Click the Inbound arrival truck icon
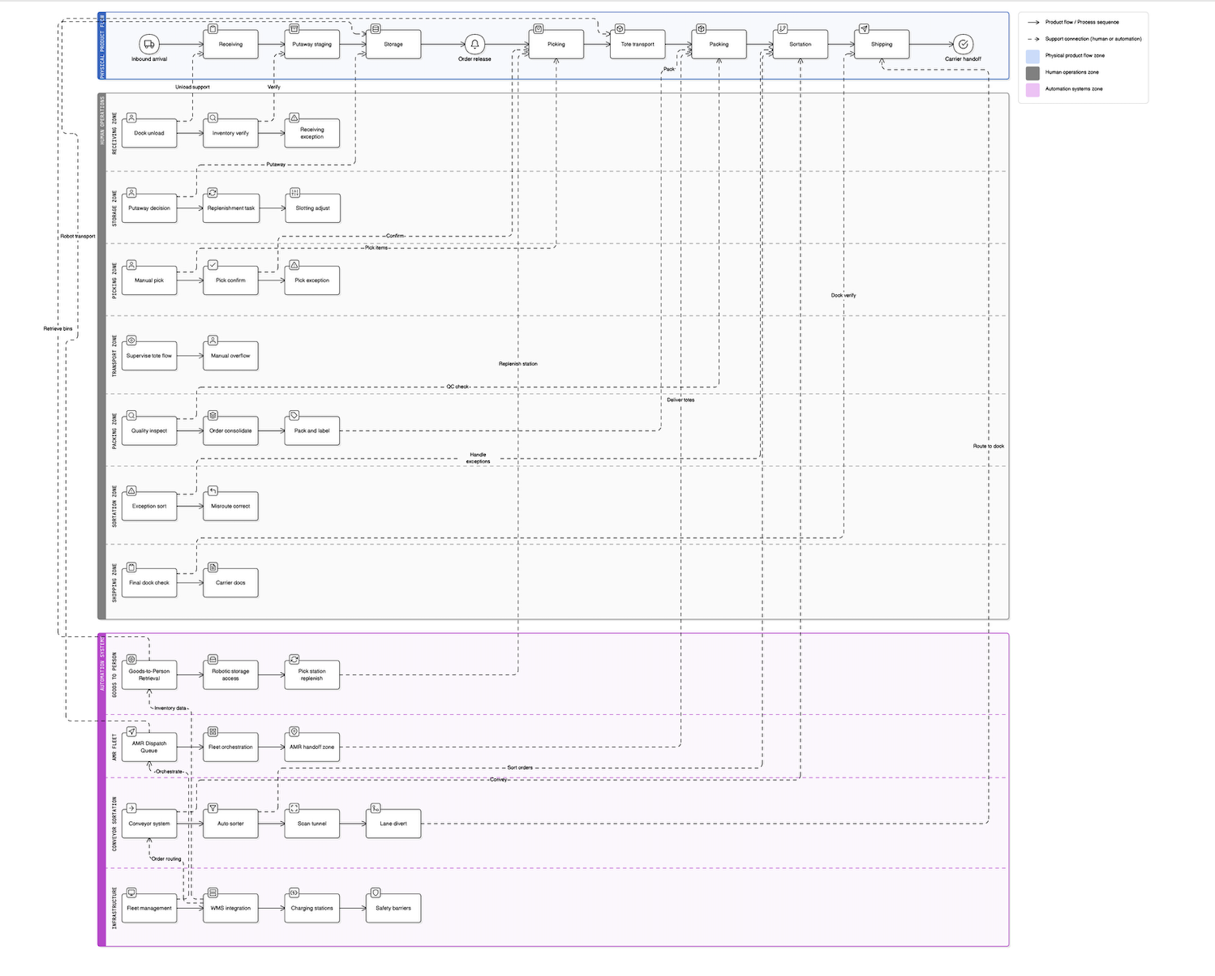pyautogui.click(x=148, y=44)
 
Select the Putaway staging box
pyautogui.click(x=311, y=45)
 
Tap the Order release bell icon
pyautogui.click(x=474, y=44)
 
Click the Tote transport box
pyautogui.click(x=638, y=45)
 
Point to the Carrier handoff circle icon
pyautogui.click(x=963, y=44)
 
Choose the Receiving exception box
pyautogui.click(x=311, y=133)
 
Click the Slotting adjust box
pyautogui.click(x=312, y=208)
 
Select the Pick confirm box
pyautogui.click(x=230, y=280)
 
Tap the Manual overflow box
pyautogui.click(x=230, y=356)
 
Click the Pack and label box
pyautogui.click(x=311, y=431)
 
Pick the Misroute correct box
pyautogui.click(x=230, y=507)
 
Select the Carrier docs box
pyautogui.click(x=230, y=583)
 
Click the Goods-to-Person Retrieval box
pyautogui.click(x=149, y=674)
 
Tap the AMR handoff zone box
pyautogui.click(x=311, y=747)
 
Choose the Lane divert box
pyautogui.click(x=393, y=824)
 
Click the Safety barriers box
pyautogui.click(x=393, y=908)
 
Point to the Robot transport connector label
pyautogui.click(x=78, y=236)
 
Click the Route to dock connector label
pyautogui.click(x=988, y=446)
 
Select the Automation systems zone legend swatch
pyautogui.click(x=1033, y=89)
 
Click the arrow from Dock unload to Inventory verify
pyautogui.click(x=190, y=133)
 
